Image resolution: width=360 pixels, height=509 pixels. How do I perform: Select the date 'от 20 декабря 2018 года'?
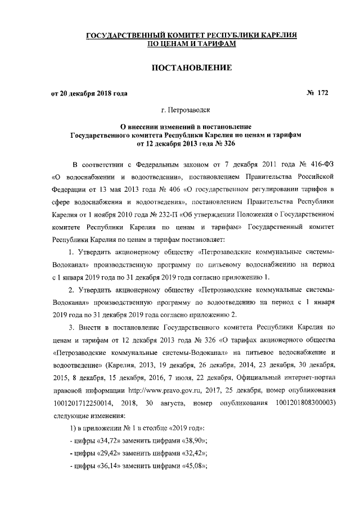point(89,93)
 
